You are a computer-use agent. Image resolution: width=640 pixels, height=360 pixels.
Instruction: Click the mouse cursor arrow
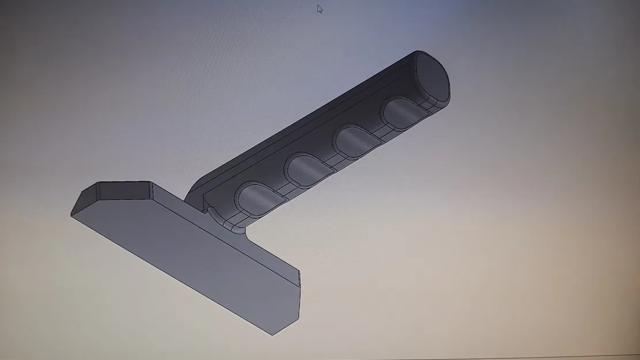point(320,9)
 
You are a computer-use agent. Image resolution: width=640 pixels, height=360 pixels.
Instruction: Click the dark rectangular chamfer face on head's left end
point(124,191)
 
